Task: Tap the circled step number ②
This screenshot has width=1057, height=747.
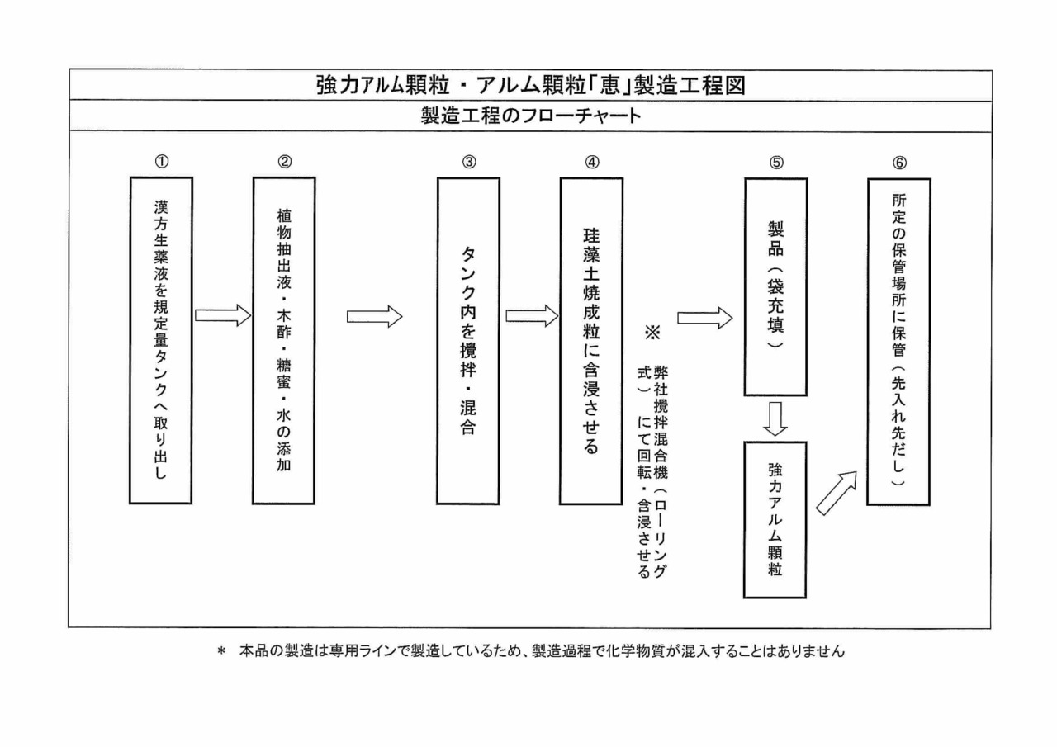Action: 284,162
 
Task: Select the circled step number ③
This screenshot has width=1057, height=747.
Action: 468,162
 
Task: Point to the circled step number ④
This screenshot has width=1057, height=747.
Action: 591,162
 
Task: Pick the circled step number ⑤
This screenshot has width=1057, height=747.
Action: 775,162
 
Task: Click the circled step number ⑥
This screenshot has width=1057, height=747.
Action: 898,162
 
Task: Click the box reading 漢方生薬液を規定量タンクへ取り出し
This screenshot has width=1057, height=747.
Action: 160,340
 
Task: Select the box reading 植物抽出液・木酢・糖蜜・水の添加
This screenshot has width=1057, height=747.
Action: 284,340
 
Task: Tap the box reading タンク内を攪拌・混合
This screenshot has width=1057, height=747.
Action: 468,340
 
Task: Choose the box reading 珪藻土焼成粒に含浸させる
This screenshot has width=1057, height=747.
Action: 591,340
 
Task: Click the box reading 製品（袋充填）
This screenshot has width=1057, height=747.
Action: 775,287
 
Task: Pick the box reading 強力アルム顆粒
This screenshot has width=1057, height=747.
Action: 775,519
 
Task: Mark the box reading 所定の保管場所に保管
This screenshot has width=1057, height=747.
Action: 898,340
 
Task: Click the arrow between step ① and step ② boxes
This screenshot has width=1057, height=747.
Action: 222,314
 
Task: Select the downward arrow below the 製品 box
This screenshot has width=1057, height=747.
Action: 775,419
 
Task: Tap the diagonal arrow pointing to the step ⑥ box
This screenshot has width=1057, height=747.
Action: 837,493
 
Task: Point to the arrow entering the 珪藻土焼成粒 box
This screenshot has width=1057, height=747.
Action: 532,316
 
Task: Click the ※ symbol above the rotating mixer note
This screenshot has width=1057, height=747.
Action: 653,333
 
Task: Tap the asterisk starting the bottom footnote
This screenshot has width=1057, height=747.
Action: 221,652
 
